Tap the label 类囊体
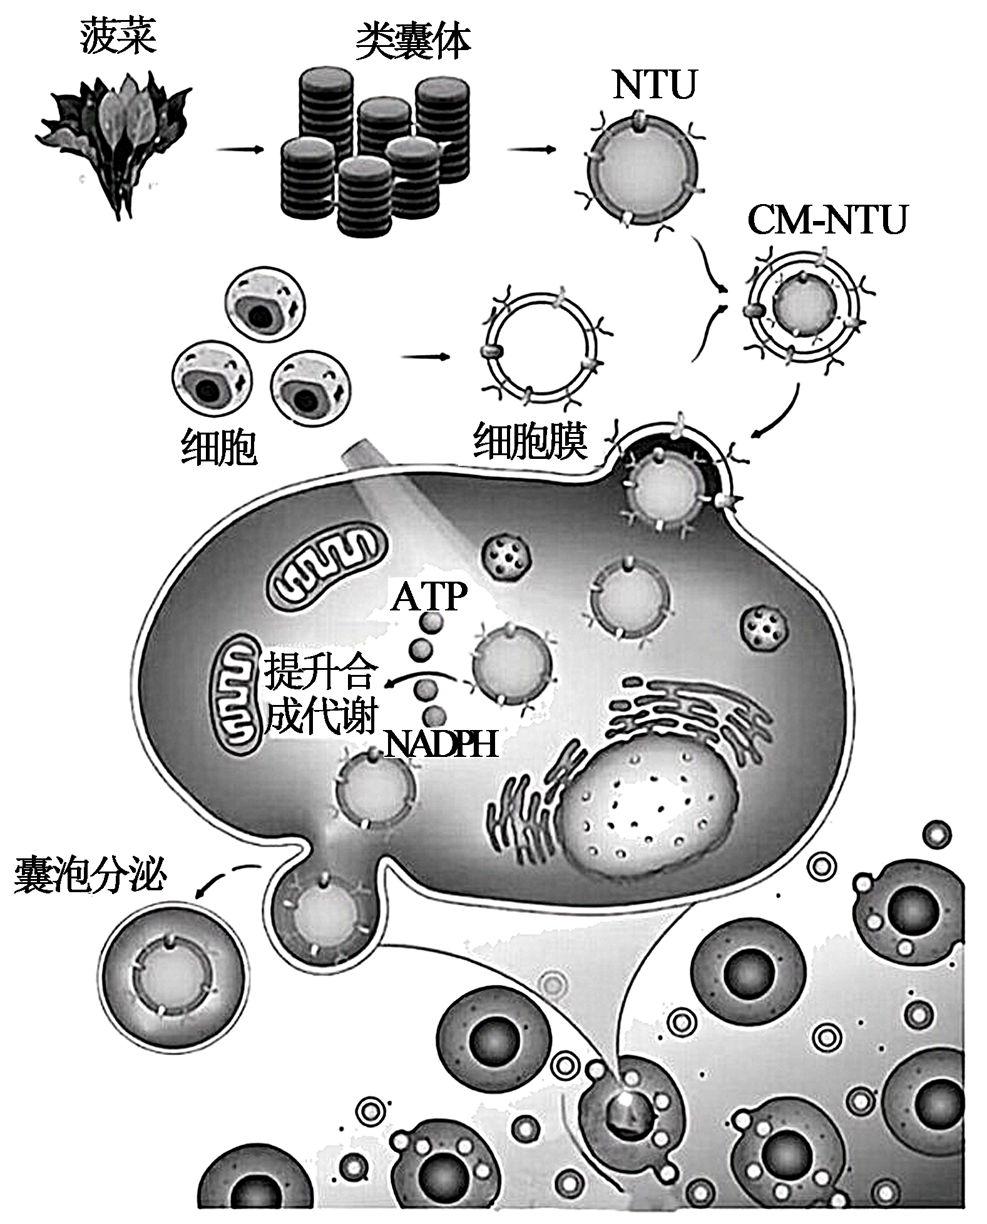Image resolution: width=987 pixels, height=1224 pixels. pyautogui.click(x=412, y=42)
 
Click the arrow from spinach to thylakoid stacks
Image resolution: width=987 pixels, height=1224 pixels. pyautogui.click(x=239, y=150)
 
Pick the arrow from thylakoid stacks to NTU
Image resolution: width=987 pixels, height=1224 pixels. pyautogui.click(x=531, y=150)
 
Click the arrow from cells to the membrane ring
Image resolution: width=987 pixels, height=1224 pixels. pyautogui.click(x=425, y=357)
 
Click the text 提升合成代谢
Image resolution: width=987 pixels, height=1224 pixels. pyautogui.click(x=321, y=694)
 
